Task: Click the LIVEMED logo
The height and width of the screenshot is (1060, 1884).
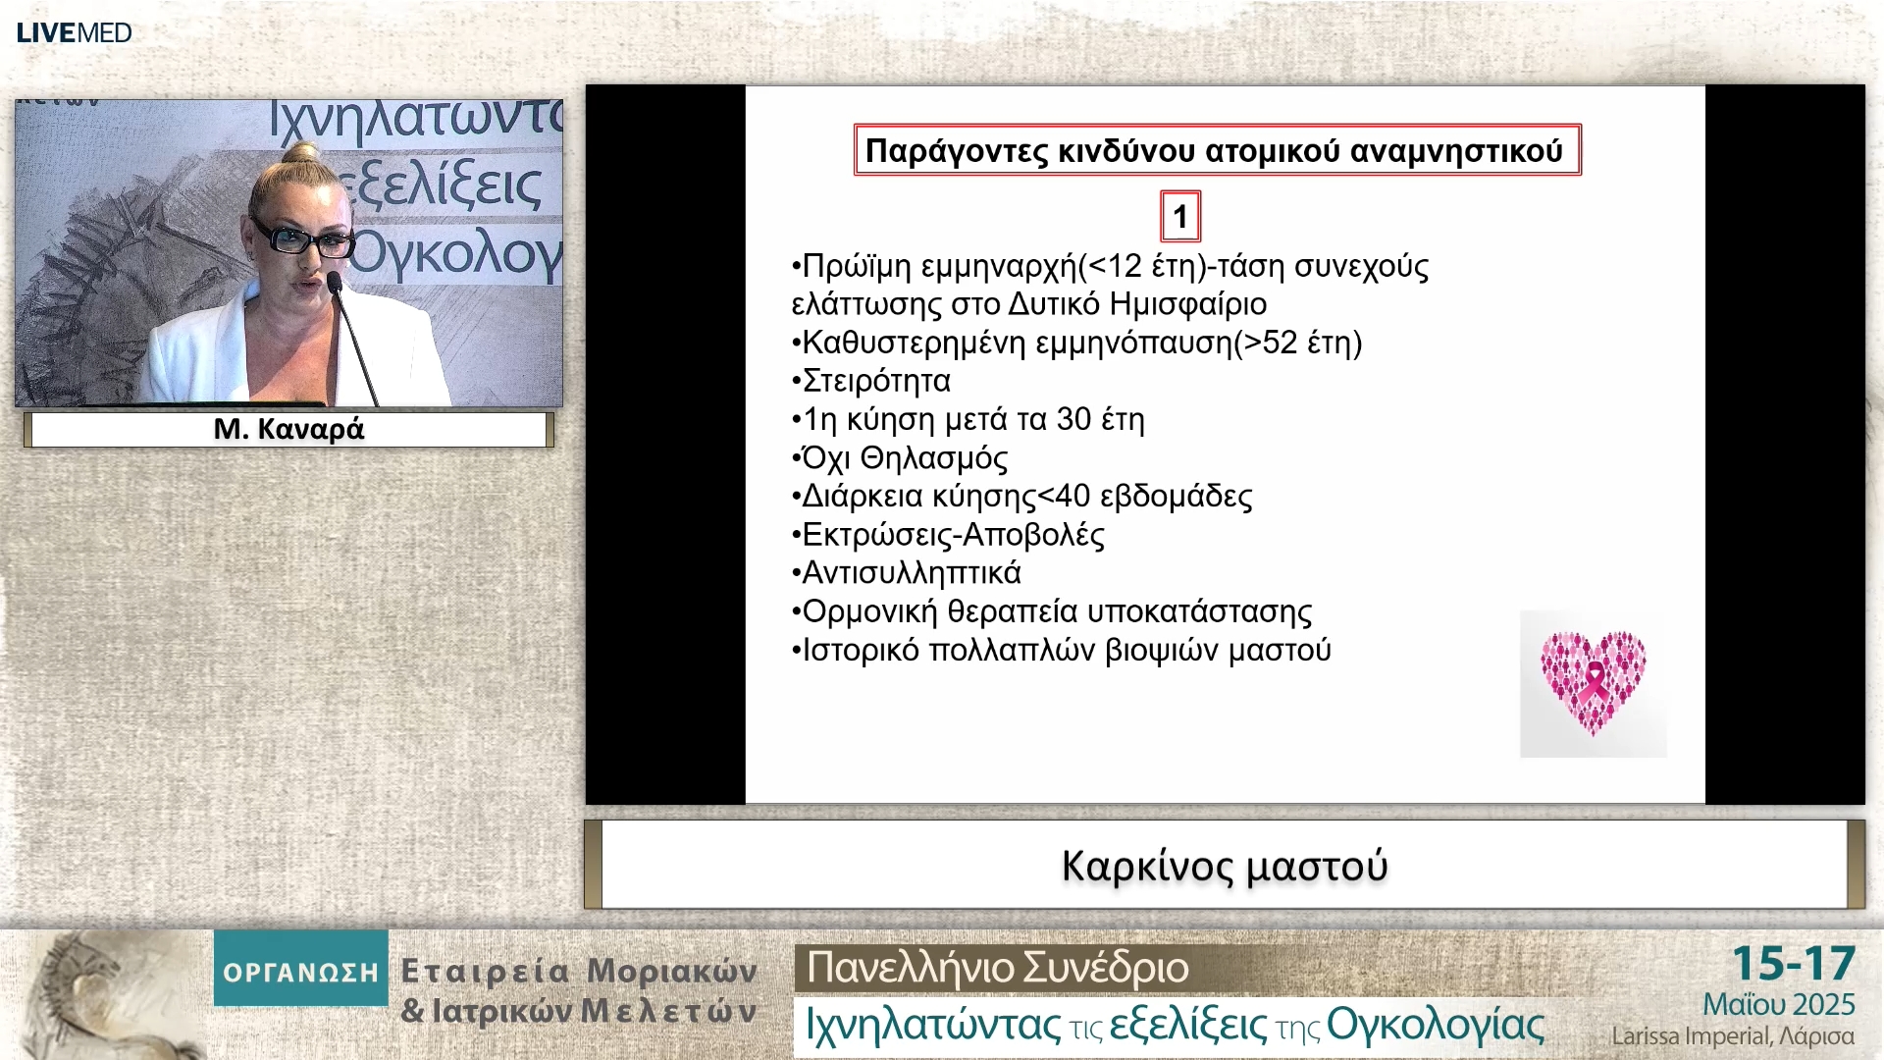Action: tap(74, 32)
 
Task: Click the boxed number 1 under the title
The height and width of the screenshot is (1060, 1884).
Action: tap(1180, 217)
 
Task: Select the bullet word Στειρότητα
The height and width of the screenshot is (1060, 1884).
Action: tap(876, 381)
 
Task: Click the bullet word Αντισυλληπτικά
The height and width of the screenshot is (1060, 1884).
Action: tap(912, 572)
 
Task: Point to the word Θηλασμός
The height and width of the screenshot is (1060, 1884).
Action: tap(933, 458)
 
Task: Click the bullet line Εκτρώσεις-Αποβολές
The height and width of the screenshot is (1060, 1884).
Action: tap(953, 535)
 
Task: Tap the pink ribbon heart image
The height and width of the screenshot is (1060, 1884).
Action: tap(1593, 684)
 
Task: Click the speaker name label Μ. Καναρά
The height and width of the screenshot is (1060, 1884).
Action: tap(288, 429)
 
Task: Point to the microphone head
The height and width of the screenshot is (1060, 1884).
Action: tap(334, 282)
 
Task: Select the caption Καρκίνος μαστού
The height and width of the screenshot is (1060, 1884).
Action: tap(1224, 867)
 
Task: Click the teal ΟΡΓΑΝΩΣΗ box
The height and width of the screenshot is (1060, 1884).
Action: tap(300, 971)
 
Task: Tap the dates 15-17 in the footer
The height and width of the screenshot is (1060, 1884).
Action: tap(1793, 964)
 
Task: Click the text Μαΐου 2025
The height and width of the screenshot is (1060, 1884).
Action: tap(1778, 1004)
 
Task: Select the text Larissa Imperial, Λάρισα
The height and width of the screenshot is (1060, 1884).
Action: tap(1732, 1036)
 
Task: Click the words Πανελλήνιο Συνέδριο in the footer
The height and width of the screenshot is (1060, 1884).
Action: tap(997, 968)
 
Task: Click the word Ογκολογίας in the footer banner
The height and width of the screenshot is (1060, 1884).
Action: tap(1435, 1025)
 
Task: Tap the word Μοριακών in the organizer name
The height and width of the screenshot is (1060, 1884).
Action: tap(672, 971)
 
